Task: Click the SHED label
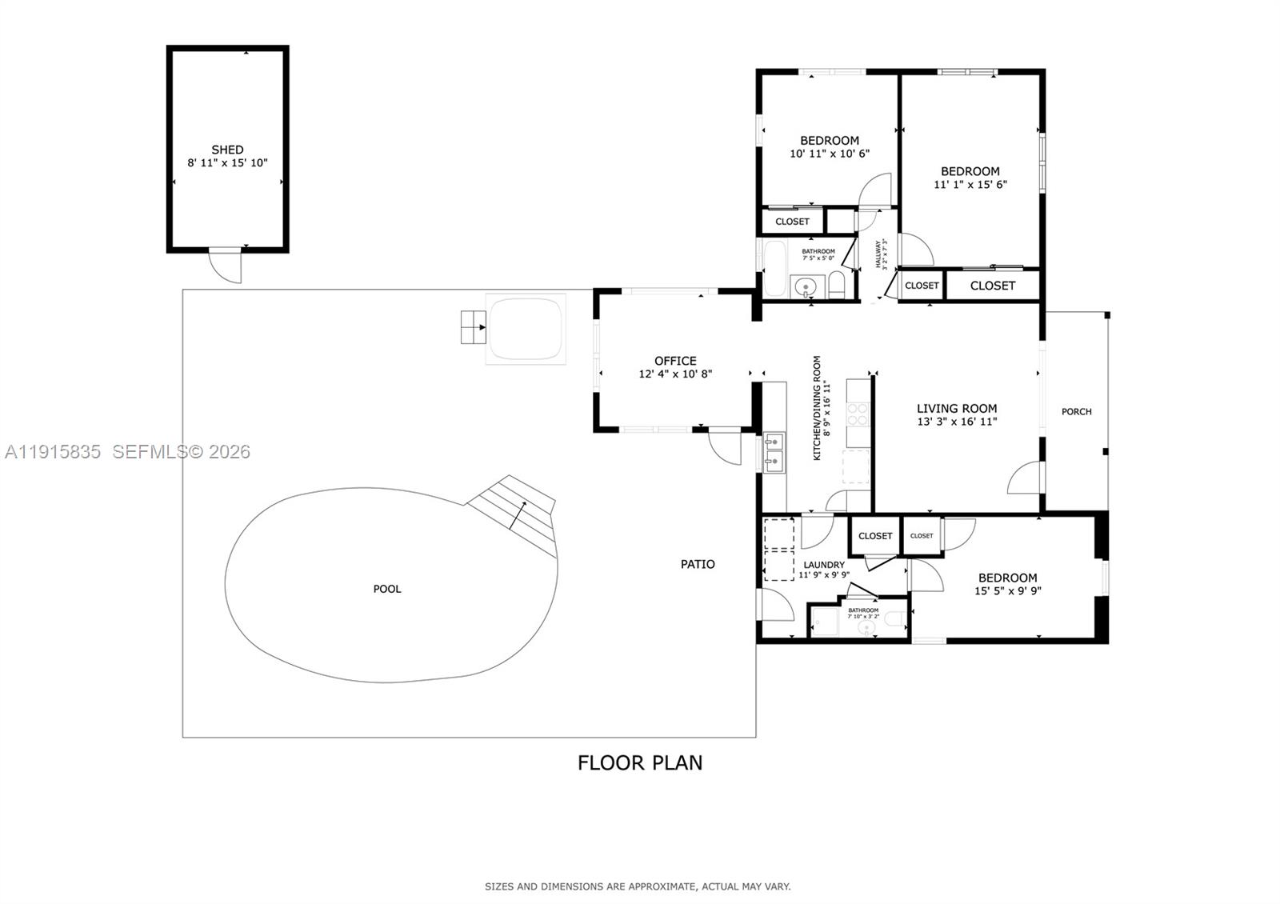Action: tap(227, 150)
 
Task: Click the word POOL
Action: tap(387, 589)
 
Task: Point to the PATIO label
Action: tap(698, 564)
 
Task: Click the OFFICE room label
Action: tap(675, 361)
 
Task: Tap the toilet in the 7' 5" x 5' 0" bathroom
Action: tap(836, 285)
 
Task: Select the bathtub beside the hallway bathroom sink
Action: tap(775, 268)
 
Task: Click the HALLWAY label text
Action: tap(878, 254)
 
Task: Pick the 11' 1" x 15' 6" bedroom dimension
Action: tap(970, 184)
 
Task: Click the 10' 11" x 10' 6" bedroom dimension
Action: tap(829, 154)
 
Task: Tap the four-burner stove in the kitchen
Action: tap(858, 414)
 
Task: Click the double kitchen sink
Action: tap(774, 451)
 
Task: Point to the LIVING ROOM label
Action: tap(957, 408)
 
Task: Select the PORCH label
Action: tap(1076, 411)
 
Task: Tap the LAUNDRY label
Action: tap(823, 565)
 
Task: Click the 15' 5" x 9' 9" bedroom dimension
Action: tap(1007, 591)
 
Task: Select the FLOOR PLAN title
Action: tap(640, 762)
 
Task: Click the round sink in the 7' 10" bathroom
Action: tap(864, 629)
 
